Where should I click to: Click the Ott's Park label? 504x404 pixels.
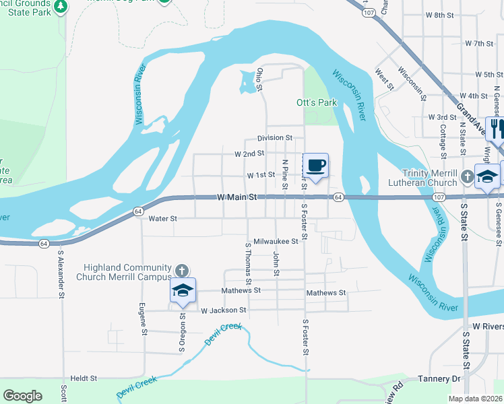coord(316,103)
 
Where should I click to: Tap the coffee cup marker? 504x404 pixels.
coord(316,164)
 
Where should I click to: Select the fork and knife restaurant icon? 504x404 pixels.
coord(496,127)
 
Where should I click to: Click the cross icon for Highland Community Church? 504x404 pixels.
coord(181,271)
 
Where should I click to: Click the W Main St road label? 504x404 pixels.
coord(238,197)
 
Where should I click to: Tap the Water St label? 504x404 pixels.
coord(162,218)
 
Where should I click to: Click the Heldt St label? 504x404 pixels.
coord(84,378)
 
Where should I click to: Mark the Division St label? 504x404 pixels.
coord(275,137)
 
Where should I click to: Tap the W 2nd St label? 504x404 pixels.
coord(249,154)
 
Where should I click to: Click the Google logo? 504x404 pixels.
coord(22,396)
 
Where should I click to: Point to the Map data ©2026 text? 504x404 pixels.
coord(475,399)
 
